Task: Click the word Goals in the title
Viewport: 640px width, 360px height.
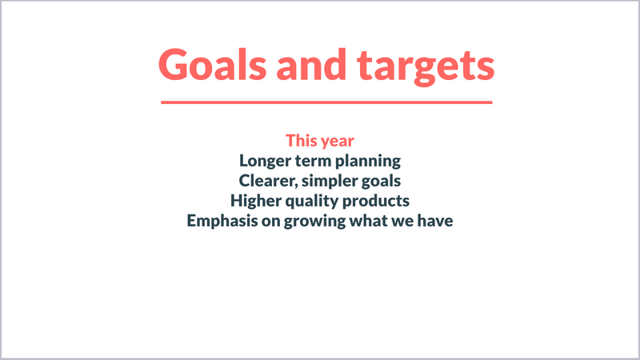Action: tap(212, 65)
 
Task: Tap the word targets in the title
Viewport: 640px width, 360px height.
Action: tap(426, 67)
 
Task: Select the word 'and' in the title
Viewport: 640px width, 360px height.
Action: tap(311, 64)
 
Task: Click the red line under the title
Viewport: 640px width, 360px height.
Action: tap(326, 102)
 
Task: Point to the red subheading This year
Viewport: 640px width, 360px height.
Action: tap(320, 141)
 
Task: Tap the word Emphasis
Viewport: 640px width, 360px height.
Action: tap(222, 222)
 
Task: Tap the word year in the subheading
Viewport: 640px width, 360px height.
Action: tap(338, 142)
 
